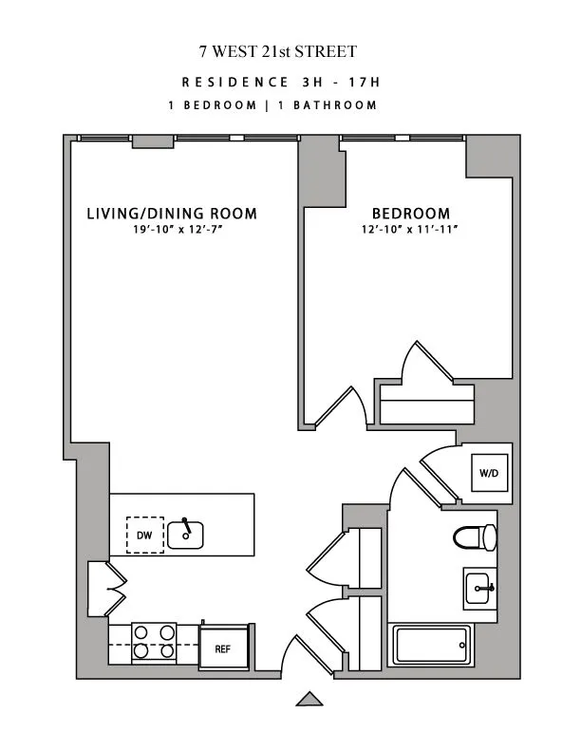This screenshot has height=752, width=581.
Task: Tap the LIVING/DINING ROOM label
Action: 172,214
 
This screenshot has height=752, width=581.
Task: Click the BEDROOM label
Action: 410,214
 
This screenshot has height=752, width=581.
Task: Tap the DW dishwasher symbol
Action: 144,536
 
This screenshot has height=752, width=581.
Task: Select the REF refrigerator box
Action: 223,649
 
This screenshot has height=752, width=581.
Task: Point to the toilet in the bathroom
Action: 476,537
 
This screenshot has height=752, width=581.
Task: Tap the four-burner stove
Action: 154,641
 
